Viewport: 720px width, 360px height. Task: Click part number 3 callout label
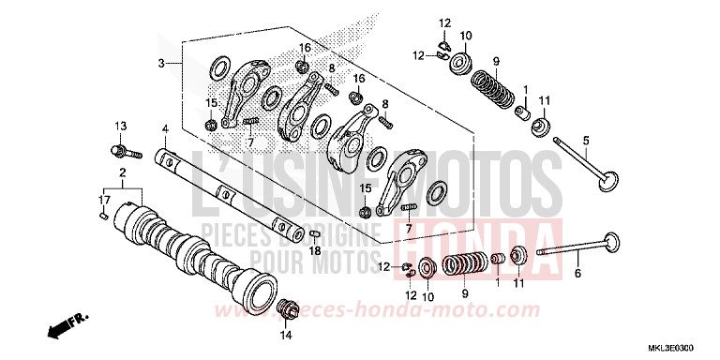(x=161, y=63)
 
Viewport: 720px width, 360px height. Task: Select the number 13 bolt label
(x=120, y=126)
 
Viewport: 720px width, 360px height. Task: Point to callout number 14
(x=286, y=335)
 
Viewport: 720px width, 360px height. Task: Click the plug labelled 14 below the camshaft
(x=288, y=308)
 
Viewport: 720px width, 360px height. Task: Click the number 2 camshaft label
(x=121, y=173)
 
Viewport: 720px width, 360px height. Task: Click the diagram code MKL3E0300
(x=681, y=346)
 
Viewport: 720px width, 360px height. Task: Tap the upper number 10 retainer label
(x=466, y=36)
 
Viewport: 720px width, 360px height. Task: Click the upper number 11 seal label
(x=544, y=100)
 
